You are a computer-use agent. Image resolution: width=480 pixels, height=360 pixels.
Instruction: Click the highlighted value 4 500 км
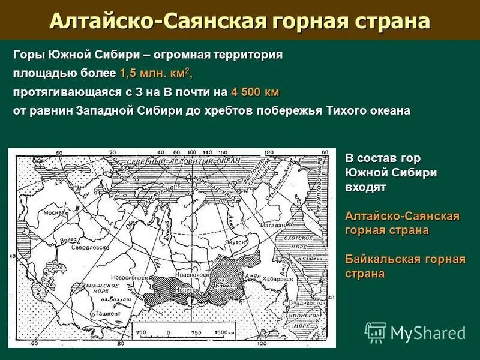[x=254, y=92]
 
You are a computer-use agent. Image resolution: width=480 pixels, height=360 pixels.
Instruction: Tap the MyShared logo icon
[x=376, y=332]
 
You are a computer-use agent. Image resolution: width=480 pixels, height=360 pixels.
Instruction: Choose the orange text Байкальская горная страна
[x=405, y=266]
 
